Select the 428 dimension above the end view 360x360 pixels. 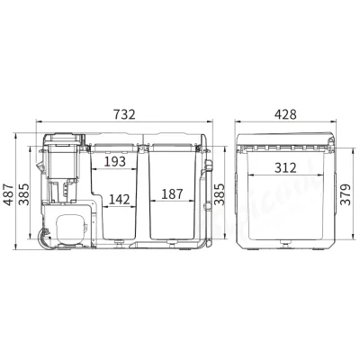(x=285, y=113)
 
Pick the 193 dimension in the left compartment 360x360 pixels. (x=115, y=163)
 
